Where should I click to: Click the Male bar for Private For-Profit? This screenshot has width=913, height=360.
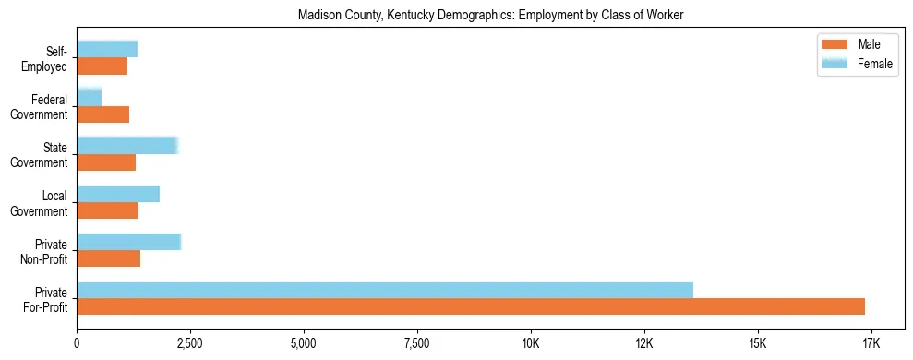coord(471,306)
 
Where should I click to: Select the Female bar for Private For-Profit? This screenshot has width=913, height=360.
coord(385,290)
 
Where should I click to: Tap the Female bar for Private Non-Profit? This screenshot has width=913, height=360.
coord(129,242)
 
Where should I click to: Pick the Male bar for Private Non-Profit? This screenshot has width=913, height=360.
coord(109,258)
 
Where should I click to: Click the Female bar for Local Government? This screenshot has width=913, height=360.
coord(118,194)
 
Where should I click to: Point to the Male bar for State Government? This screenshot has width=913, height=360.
coord(106,162)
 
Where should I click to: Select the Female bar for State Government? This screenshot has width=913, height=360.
coord(127,145)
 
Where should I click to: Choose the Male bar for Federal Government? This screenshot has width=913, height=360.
coord(103,114)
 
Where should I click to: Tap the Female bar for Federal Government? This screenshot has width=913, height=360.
coord(90,97)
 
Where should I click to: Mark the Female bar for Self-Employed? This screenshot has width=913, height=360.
coord(107,49)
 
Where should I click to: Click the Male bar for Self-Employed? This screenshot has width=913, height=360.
coord(102,66)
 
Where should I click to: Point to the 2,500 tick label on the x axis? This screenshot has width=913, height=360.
coord(190,344)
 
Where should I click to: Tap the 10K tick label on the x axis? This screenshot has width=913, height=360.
coord(531,344)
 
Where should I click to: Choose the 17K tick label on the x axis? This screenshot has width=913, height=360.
coord(871,344)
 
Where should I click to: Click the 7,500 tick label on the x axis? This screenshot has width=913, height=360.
coord(417,344)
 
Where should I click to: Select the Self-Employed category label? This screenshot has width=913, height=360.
coord(46,58)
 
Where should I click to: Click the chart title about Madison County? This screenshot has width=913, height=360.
coord(490,16)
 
